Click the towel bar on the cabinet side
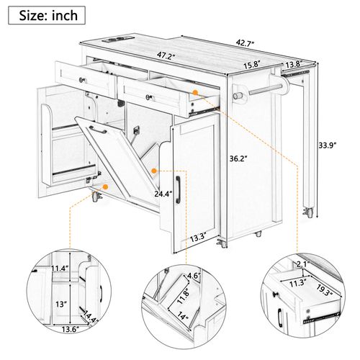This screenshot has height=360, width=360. click(260, 92)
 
